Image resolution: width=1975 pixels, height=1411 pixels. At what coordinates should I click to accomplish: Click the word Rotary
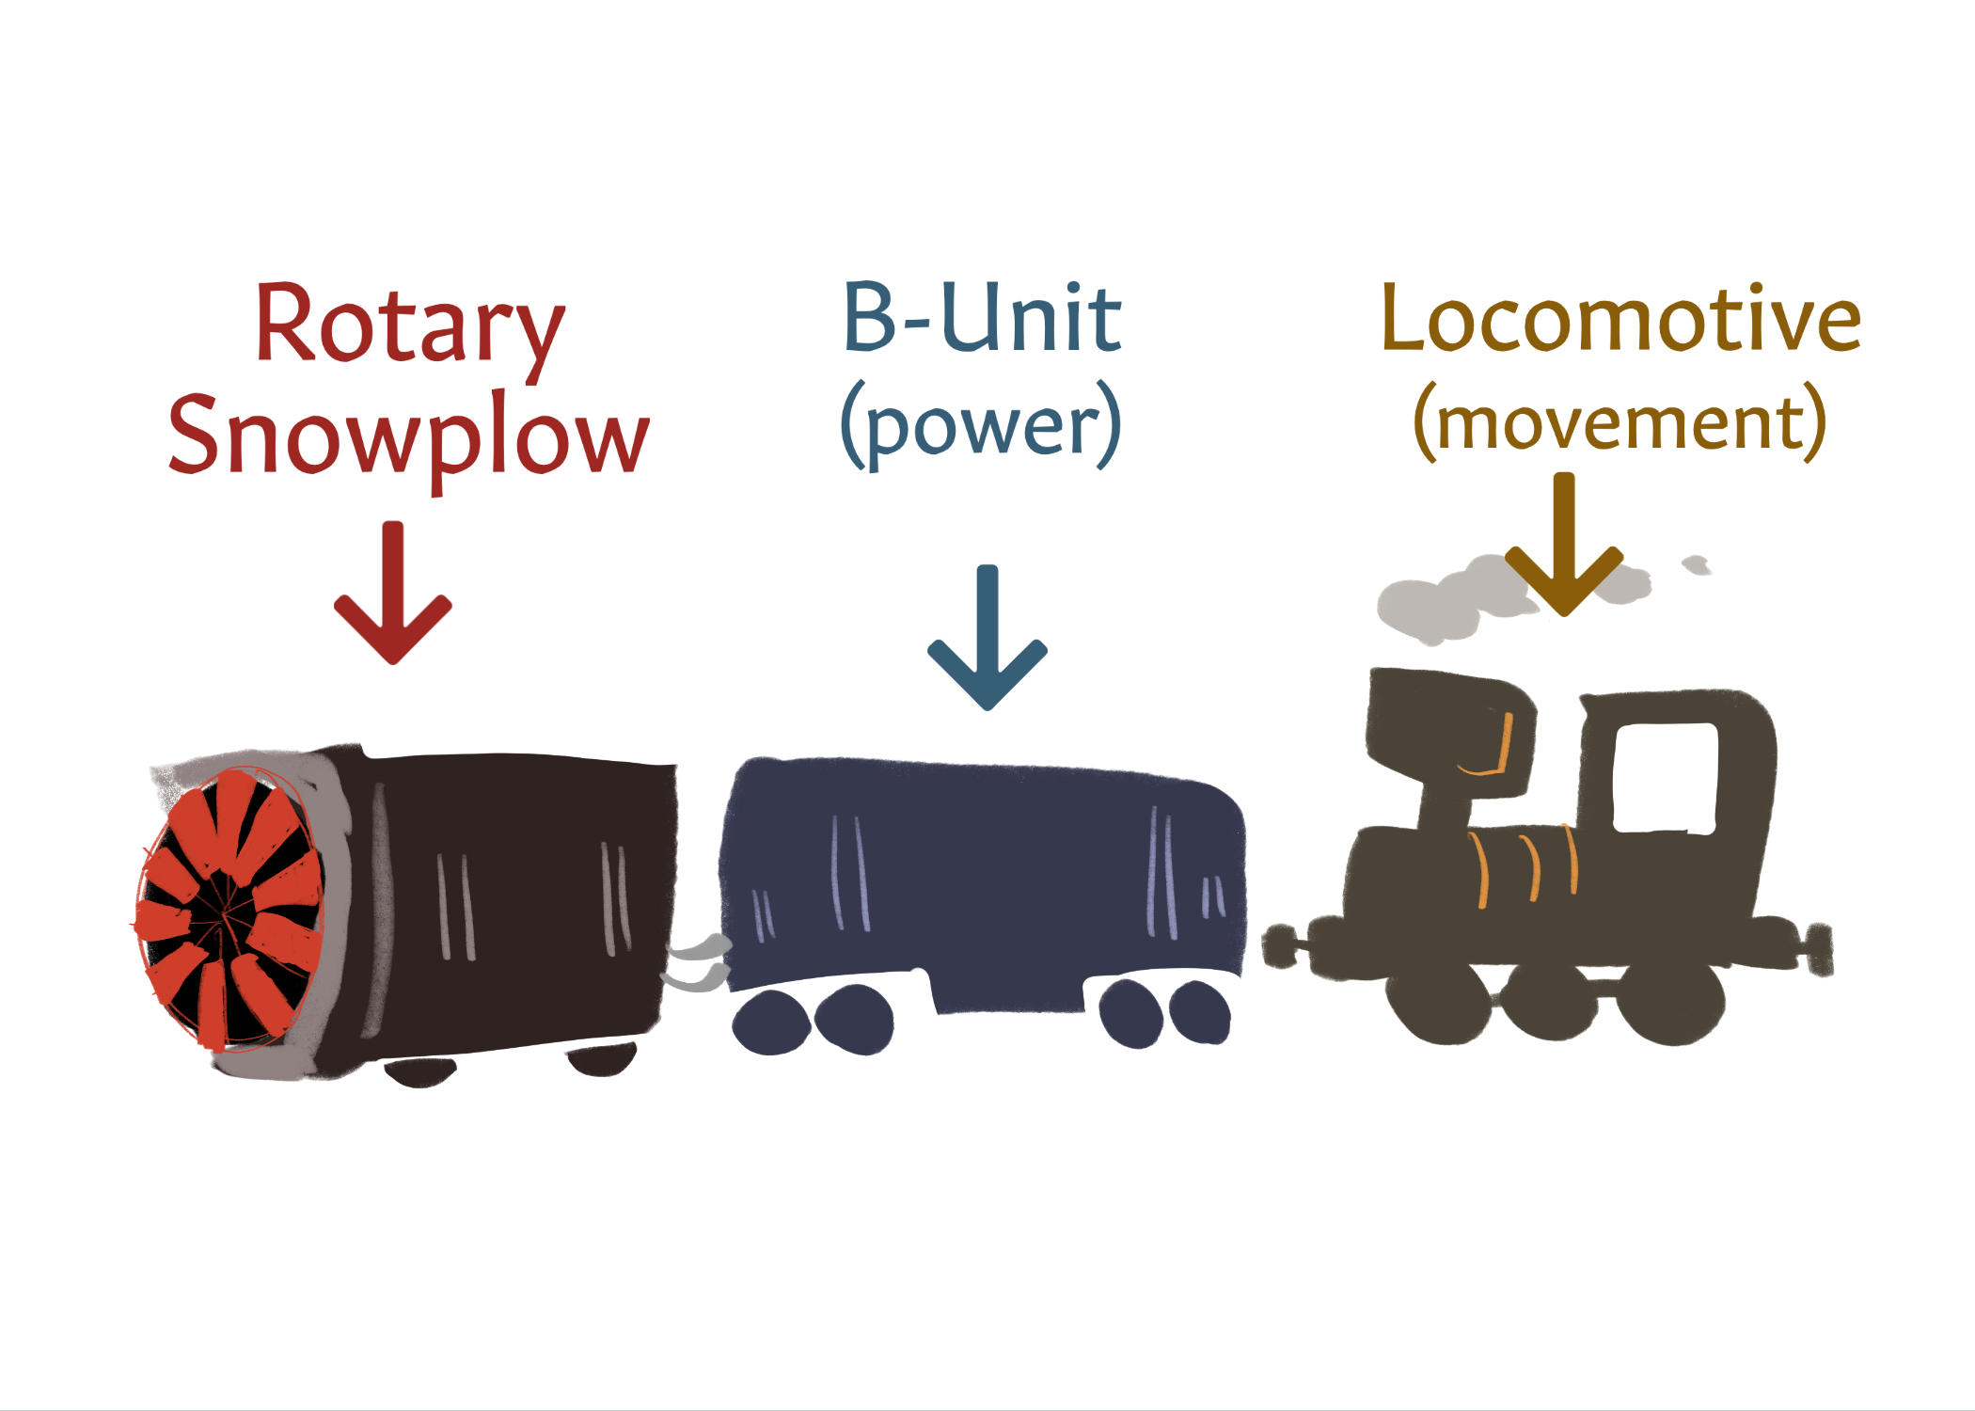[x=409, y=325]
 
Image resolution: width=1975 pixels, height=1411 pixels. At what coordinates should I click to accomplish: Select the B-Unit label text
[x=983, y=320]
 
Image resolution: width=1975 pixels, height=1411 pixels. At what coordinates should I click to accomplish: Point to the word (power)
[x=981, y=425]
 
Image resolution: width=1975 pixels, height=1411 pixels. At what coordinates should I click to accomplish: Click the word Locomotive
[x=1620, y=320]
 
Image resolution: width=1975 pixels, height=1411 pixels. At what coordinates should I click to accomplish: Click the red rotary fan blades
[x=230, y=908]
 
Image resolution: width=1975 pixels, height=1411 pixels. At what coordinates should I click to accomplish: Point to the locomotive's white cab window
[x=1665, y=777]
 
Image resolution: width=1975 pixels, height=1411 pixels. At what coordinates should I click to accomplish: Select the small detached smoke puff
[x=1696, y=564]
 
